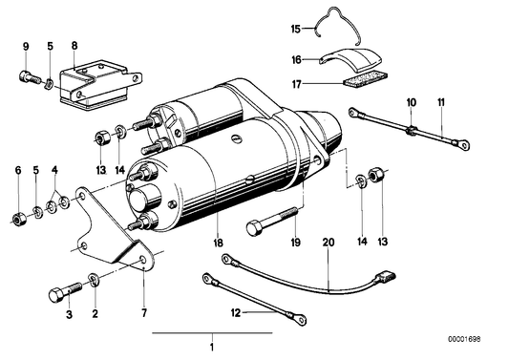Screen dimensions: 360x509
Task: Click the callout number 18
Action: pyautogui.click(x=219, y=244)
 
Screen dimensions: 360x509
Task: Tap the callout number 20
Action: pyautogui.click(x=329, y=244)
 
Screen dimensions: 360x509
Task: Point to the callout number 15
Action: pyautogui.click(x=55, y=171)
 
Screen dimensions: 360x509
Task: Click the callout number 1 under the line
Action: pyautogui.click(x=212, y=346)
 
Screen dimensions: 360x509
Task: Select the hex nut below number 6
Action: pyautogui.click(x=18, y=221)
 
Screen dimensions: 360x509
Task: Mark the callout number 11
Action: pyautogui.click(x=441, y=101)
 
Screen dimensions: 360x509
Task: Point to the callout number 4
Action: pyautogui.click(x=54, y=171)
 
